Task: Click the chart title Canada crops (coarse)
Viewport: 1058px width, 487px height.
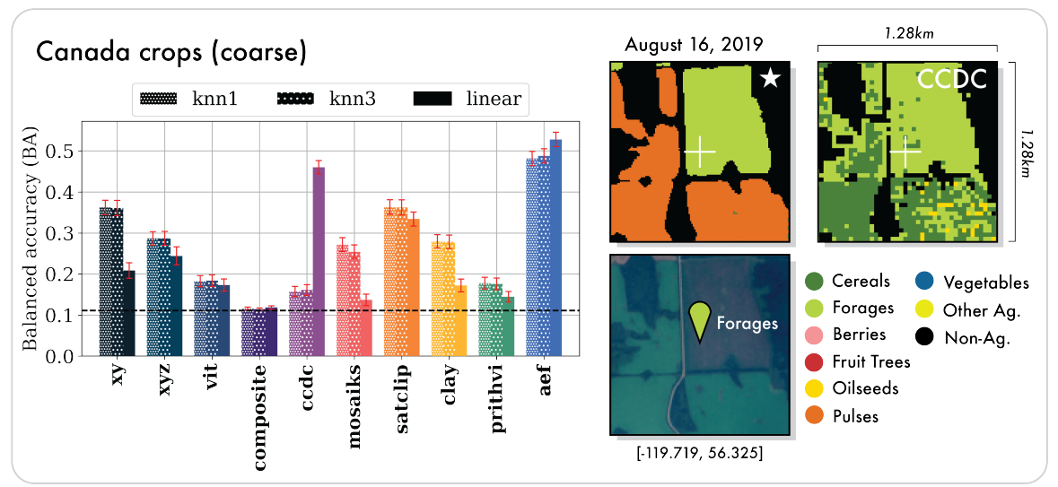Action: click(171, 53)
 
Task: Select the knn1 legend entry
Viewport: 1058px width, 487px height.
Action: click(191, 99)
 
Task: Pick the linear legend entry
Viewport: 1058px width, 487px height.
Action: click(468, 99)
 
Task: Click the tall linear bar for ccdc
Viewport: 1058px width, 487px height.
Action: click(319, 261)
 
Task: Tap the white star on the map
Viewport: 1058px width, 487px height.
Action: click(770, 79)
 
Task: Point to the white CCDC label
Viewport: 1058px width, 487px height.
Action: click(952, 80)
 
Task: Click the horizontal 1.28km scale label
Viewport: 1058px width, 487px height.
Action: click(907, 32)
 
